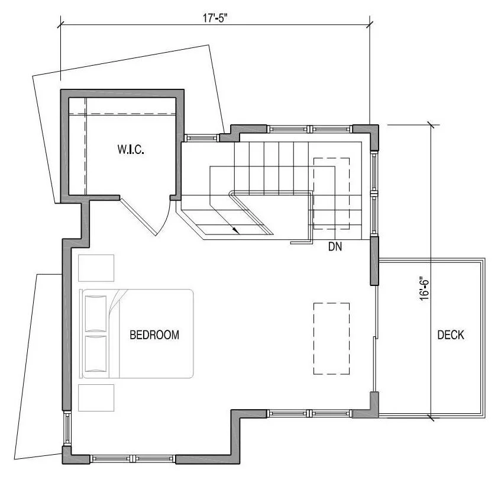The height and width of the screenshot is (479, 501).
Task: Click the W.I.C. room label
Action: (131, 150)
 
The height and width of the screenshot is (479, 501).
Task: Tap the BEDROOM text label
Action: (154, 335)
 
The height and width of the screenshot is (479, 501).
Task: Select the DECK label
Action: (451, 335)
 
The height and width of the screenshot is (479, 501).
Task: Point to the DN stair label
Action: (335, 246)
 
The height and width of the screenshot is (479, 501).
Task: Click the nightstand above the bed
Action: (96, 267)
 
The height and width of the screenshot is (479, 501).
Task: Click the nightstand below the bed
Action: (96, 398)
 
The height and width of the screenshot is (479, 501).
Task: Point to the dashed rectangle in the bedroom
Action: (331, 338)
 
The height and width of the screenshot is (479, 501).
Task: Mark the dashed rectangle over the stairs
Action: (331, 193)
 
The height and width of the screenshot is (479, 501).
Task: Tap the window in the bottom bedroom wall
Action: (132, 458)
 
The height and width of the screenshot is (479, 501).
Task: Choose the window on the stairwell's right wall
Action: (374, 192)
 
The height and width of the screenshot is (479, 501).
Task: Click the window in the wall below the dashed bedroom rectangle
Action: (311, 413)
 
